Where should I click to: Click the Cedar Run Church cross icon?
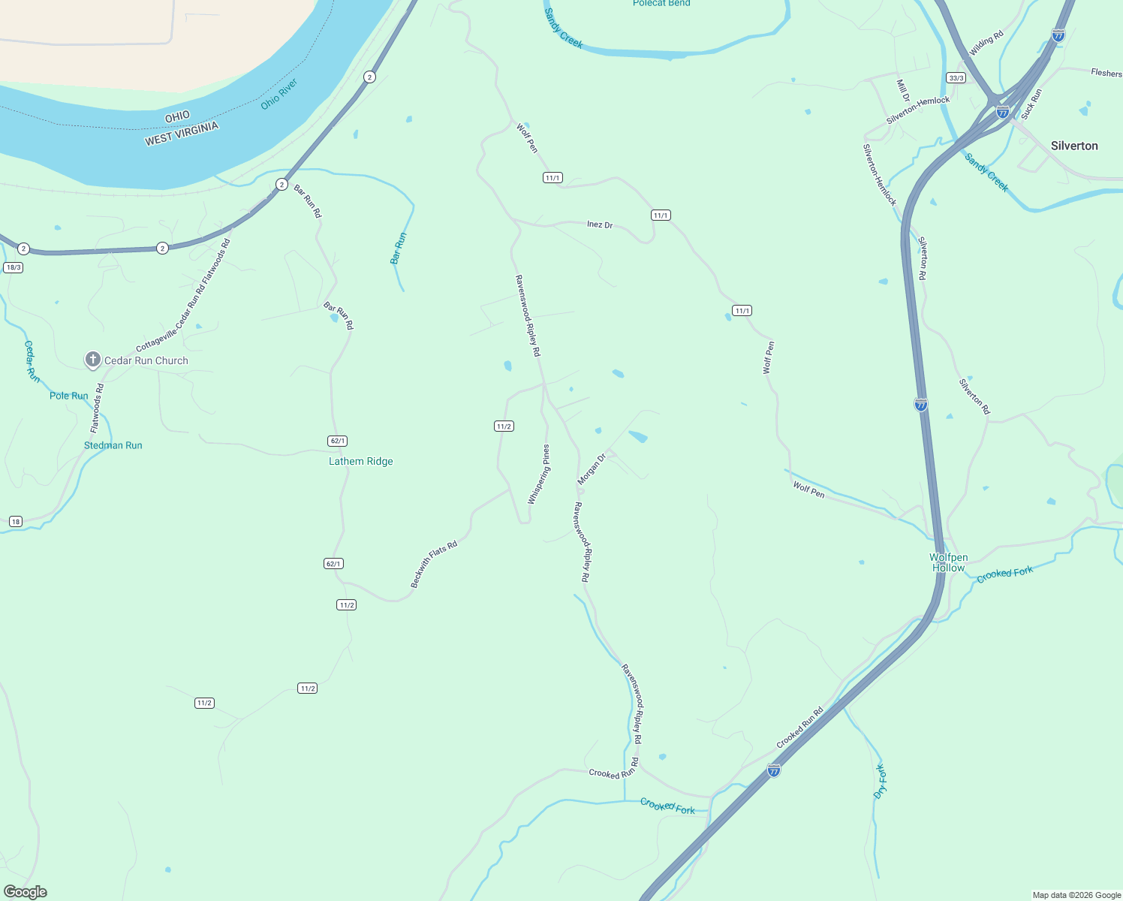point(92,360)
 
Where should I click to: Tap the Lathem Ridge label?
point(360,461)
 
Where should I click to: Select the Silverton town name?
point(1073,146)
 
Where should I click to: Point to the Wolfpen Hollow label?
point(948,562)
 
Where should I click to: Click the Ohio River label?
point(279,94)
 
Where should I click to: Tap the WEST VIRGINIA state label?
point(182,134)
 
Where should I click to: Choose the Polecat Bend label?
point(661,4)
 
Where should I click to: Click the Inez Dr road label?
point(599,224)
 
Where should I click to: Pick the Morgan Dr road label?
point(592,469)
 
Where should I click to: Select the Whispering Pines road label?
point(538,475)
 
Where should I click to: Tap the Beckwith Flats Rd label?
point(434,565)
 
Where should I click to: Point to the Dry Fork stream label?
point(881,781)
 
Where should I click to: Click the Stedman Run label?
point(113,445)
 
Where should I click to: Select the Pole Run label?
point(68,396)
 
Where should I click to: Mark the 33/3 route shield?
point(956,78)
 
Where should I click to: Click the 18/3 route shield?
point(13,267)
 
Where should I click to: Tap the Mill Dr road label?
point(902,91)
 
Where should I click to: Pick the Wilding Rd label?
point(986,44)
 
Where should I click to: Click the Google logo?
point(25,891)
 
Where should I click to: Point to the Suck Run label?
point(1031,104)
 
